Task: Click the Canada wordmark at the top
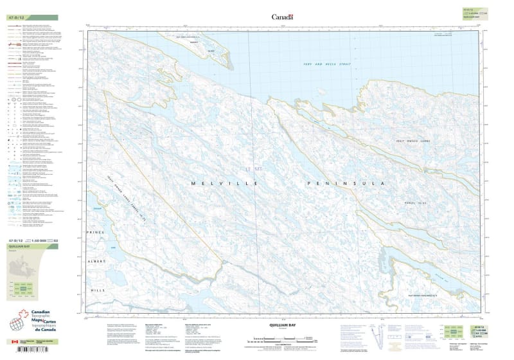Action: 282,17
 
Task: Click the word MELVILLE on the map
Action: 223,184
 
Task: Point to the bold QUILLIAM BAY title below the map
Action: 282,325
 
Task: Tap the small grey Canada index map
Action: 26,266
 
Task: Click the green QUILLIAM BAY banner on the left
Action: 30,246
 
